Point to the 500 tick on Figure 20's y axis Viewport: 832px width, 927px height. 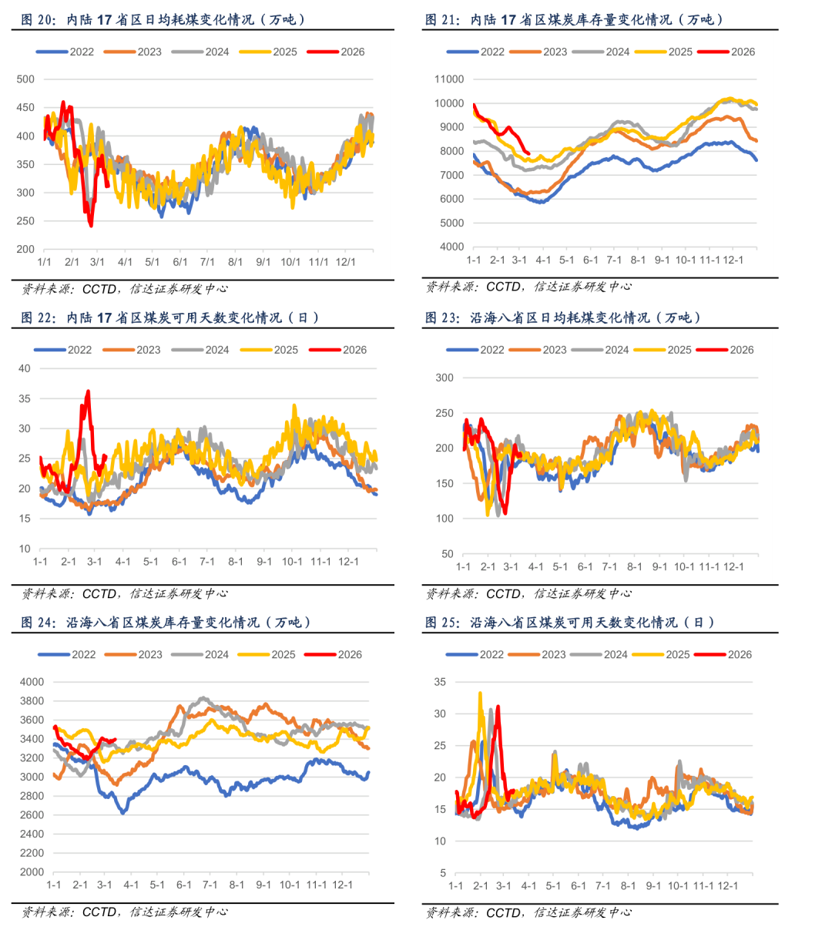click(25, 79)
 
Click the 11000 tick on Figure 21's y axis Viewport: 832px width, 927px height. click(449, 79)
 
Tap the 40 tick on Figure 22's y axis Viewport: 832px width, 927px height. click(25, 368)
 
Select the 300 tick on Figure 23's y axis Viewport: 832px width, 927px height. click(445, 378)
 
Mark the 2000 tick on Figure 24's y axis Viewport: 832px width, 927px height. click(32, 872)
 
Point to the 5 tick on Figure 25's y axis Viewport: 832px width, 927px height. click(443, 873)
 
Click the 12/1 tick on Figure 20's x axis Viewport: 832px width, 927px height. click(346, 262)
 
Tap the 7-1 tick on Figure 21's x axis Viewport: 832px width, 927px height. click(614, 260)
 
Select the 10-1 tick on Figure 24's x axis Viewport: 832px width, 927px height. click(290, 885)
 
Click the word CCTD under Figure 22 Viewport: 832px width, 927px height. click(99, 594)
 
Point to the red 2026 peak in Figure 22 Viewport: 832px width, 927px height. click(88, 391)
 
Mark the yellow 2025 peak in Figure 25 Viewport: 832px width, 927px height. click(480, 693)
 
